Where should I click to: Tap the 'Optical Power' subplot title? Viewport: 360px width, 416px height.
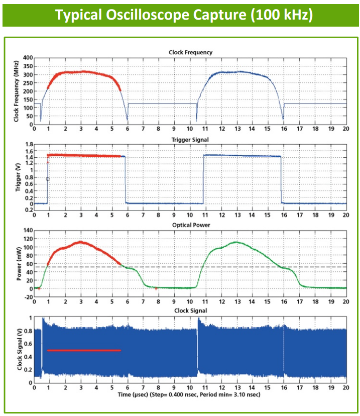point(190,225)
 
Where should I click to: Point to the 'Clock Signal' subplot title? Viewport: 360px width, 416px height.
point(190,310)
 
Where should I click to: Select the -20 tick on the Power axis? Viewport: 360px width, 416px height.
point(28,297)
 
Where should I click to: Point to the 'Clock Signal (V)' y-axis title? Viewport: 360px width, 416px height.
point(20,350)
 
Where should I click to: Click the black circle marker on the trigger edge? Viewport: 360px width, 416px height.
point(48,179)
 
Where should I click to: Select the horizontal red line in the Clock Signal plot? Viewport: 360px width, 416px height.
point(84,350)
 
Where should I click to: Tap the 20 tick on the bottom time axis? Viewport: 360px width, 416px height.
point(345,388)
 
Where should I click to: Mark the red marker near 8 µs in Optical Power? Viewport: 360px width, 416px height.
point(156,288)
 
